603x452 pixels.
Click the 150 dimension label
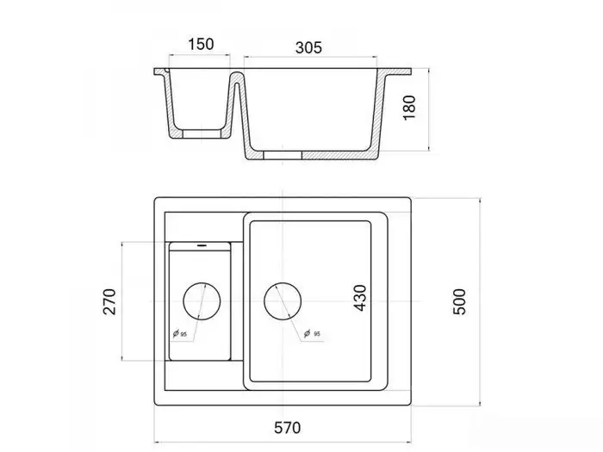coord(201,44)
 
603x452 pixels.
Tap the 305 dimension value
coord(308,47)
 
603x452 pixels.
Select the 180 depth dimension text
coord(409,108)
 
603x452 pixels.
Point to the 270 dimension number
coord(109,301)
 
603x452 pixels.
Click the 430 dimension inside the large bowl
coord(360,298)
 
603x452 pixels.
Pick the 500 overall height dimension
coord(459,301)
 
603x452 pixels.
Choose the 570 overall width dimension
coord(287,428)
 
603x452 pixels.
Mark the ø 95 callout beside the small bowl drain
coord(179,334)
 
